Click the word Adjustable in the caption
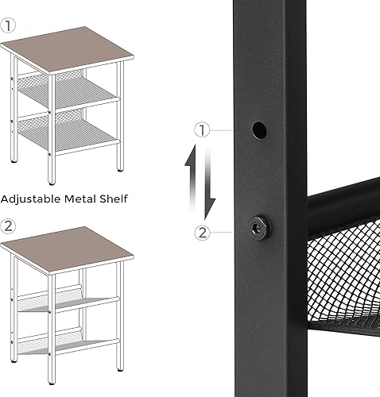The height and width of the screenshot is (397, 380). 30,199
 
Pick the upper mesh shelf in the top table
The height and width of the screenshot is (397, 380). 70,94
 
